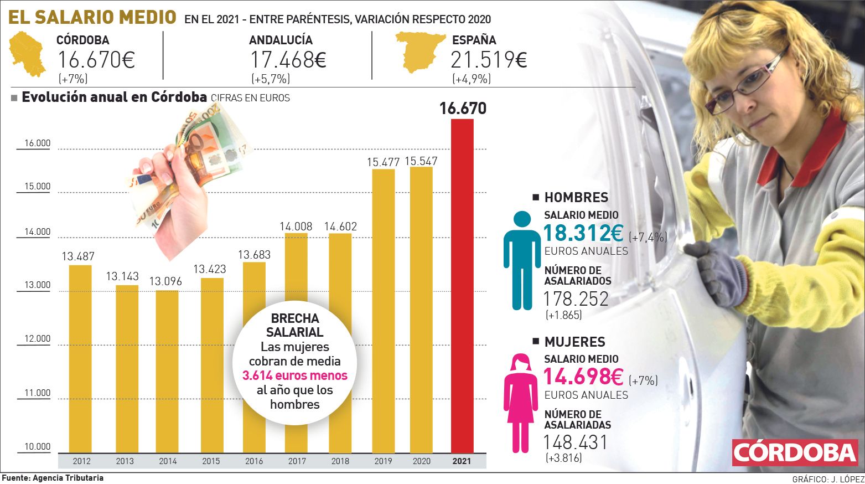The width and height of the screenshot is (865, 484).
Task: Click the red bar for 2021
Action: click(462, 285)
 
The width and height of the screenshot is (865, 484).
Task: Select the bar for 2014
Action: click(167, 371)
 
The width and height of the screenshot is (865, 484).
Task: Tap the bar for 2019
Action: click(383, 310)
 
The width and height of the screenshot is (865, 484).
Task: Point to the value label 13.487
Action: click(78, 256)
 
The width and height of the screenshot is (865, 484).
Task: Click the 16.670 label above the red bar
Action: click(463, 109)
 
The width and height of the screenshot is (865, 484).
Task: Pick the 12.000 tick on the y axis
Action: click(37, 339)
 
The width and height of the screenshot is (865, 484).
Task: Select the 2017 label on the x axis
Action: click(297, 461)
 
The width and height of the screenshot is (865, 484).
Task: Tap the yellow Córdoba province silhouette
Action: click(27, 54)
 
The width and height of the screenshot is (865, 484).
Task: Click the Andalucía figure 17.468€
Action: click(288, 60)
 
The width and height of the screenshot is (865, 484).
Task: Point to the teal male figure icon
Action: click(521, 260)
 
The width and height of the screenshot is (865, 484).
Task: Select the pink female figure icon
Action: click(520, 404)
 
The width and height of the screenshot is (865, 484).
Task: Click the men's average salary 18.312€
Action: click(583, 233)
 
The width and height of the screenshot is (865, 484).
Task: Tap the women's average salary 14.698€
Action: click(583, 377)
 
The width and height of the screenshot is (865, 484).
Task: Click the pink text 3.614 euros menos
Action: click(295, 376)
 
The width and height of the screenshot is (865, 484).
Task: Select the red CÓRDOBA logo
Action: click(795, 452)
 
